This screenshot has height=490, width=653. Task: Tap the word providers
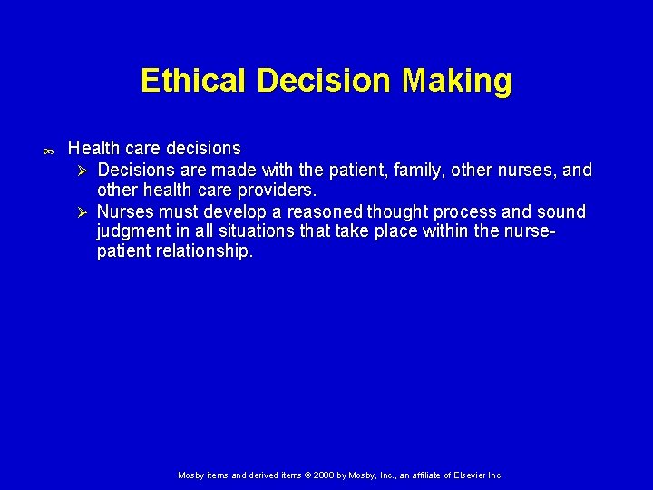click(274, 191)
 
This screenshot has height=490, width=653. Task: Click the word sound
click(562, 211)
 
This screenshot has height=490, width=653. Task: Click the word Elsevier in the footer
click(463, 475)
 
